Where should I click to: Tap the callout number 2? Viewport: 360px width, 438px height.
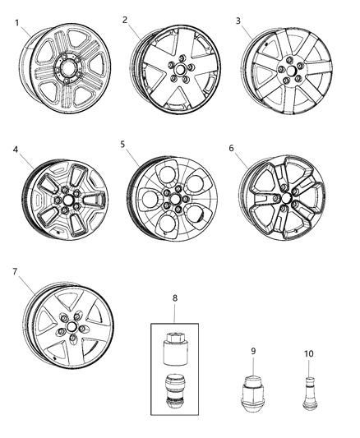pos(125,19)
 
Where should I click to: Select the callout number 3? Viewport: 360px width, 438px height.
pos(239,20)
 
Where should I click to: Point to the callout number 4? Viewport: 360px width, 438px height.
pos(15,150)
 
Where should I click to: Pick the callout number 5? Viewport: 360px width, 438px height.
pos(122,144)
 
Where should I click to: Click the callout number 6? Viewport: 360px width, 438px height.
pos(232,150)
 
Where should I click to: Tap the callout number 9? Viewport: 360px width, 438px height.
pos(253,351)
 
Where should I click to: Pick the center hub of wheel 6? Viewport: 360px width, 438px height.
pos(285,197)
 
